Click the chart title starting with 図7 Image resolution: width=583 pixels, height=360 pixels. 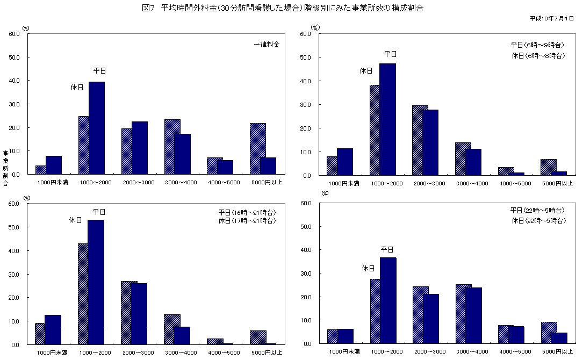coord(292,8)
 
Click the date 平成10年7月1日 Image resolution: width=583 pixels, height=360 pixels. coord(552,18)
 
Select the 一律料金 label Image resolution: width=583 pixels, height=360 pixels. coord(267,45)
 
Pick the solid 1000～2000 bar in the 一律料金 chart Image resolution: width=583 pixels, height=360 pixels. coord(97,128)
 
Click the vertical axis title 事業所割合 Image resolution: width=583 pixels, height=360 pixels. coord(5,168)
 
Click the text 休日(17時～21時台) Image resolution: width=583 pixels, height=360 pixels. coord(247,221)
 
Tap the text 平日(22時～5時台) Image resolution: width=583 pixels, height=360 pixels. coord(537,210)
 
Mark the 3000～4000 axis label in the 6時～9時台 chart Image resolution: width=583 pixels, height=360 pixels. coord(473,184)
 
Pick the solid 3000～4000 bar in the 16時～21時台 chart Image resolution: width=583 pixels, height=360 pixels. coord(182,335)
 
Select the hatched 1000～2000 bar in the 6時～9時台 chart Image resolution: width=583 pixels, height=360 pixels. coord(375,131)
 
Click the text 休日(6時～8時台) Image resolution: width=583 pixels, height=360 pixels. coord(537,55)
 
